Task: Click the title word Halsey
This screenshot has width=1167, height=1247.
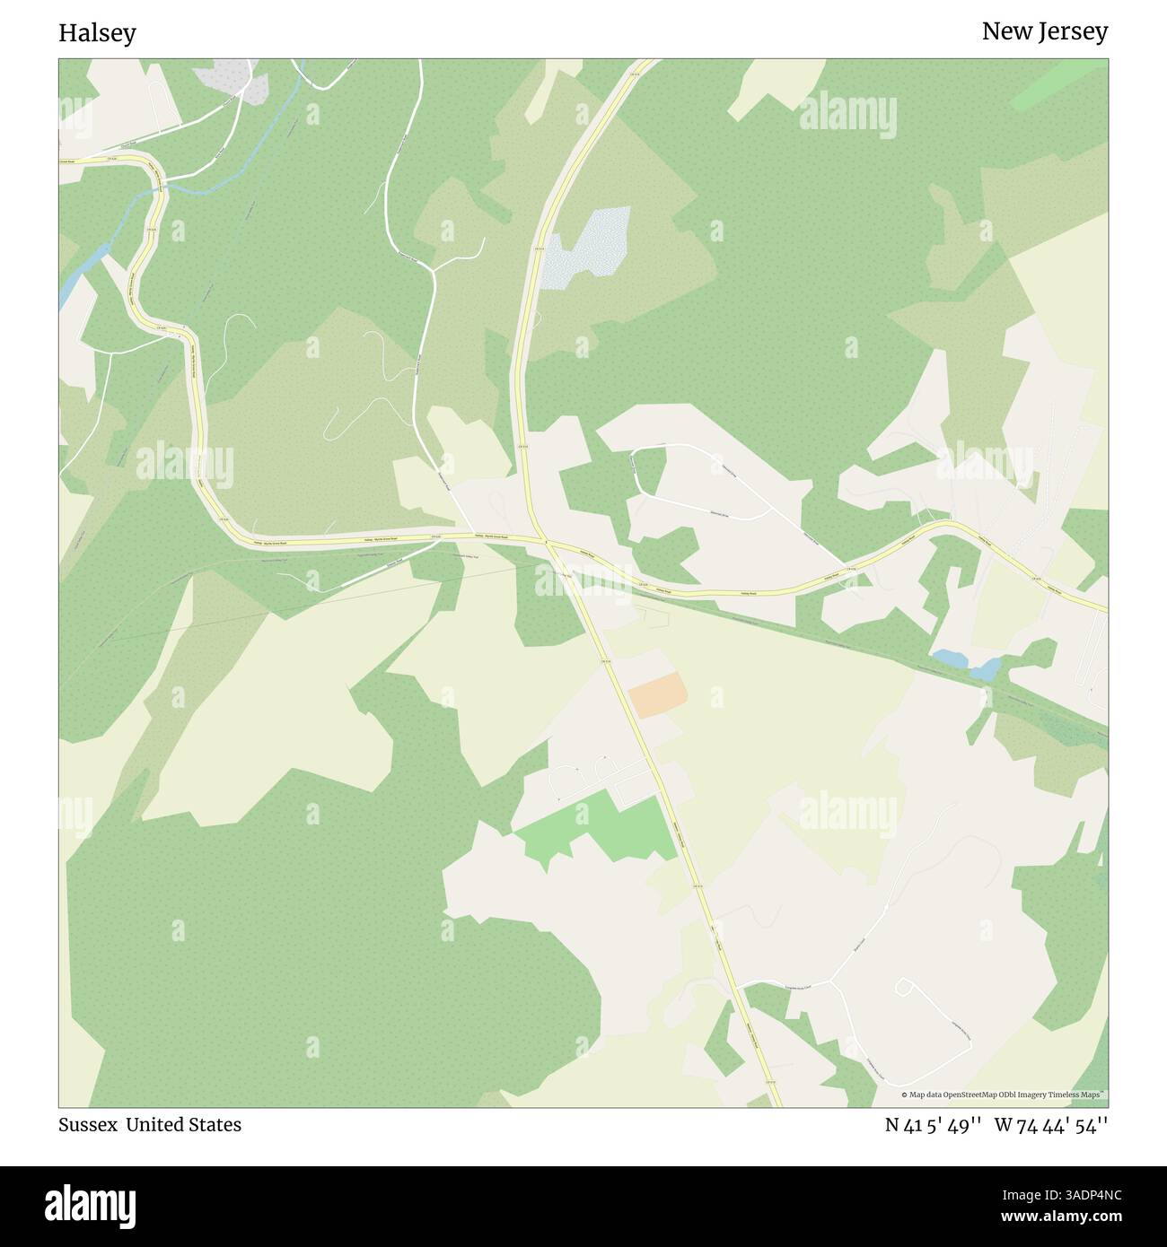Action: coord(97,33)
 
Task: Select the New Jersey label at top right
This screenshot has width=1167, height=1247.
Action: coord(1044,31)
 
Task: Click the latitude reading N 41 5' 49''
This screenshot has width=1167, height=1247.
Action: coord(933,1124)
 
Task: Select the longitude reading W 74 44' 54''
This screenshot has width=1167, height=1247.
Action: coord(1050,1124)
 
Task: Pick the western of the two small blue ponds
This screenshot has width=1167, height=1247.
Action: coord(949,658)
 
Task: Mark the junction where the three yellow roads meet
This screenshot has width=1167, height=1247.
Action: coord(544,541)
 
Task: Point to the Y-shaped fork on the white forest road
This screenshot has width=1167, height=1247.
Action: coord(434,269)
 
